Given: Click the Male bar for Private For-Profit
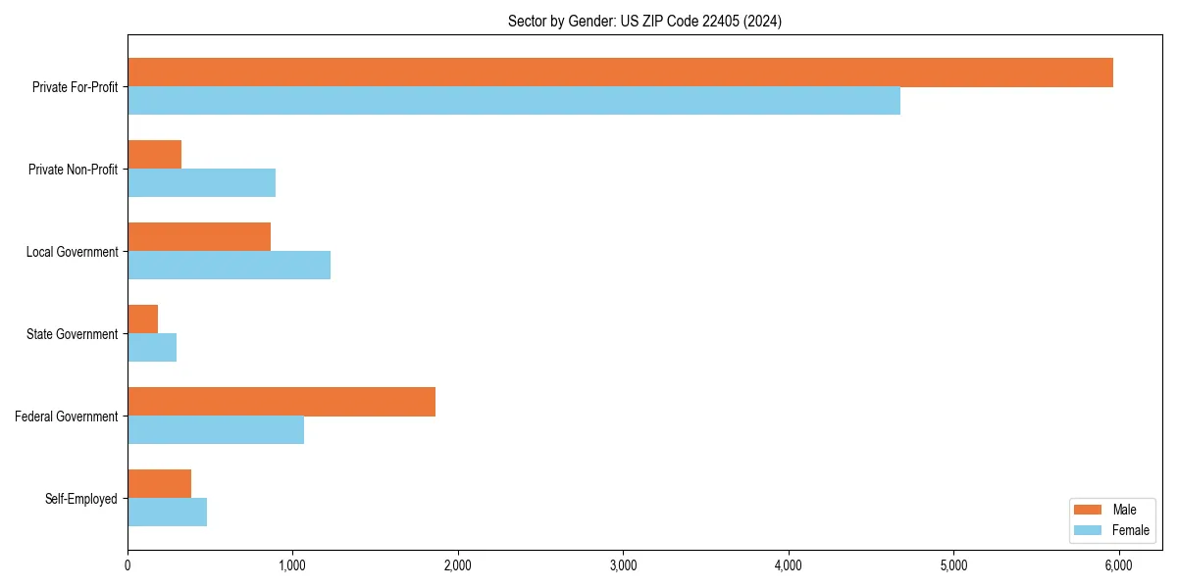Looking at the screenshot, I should [620, 73].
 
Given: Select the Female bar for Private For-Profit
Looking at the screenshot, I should [514, 101].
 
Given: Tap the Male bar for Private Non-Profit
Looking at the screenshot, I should [155, 155].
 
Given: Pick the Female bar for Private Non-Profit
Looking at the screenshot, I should [201, 183].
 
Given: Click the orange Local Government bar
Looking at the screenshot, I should [199, 237].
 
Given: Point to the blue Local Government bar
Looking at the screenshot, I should [229, 266].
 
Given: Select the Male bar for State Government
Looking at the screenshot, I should [143, 319].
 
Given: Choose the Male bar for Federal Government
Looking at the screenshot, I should [281, 402].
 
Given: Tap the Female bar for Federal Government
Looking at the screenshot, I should [216, 430].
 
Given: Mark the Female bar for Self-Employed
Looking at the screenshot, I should [167, 513].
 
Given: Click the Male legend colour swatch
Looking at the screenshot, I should [1088, 510].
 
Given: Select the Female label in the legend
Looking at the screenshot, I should [1130, 530].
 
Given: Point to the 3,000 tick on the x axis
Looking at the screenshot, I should [623, 565].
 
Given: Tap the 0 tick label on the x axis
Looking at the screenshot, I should [128, 565].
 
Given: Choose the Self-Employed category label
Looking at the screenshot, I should [81, 499].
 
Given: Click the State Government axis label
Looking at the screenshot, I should [73, 334].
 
